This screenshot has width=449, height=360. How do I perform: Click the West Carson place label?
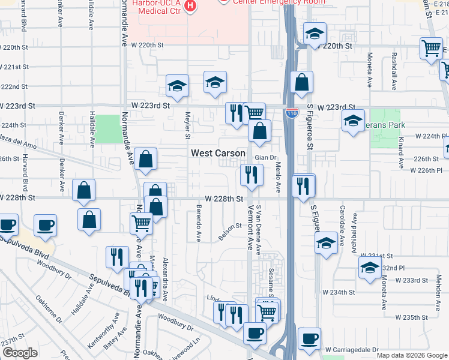[x=218, y=153]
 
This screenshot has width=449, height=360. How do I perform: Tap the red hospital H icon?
[x=190, y=7]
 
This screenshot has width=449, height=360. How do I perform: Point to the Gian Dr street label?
[x=265, y=158]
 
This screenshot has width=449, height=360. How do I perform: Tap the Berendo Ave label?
[x=198, y=223]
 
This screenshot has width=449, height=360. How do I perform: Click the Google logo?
[x=20, y=353]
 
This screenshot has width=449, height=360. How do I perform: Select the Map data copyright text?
[x=412, y=355]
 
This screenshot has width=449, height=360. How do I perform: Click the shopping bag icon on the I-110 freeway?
[x=303, y=82]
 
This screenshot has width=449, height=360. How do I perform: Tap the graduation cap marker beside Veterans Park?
[x=354, y=120]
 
